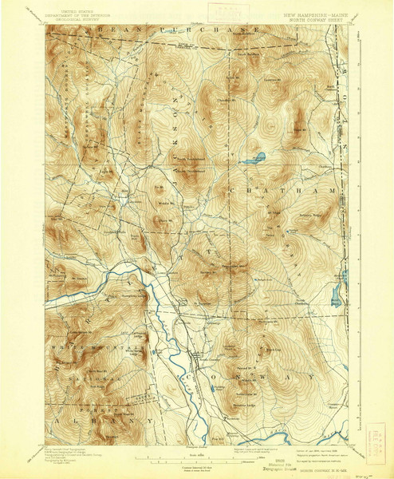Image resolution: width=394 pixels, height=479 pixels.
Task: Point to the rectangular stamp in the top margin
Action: point(216,12)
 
